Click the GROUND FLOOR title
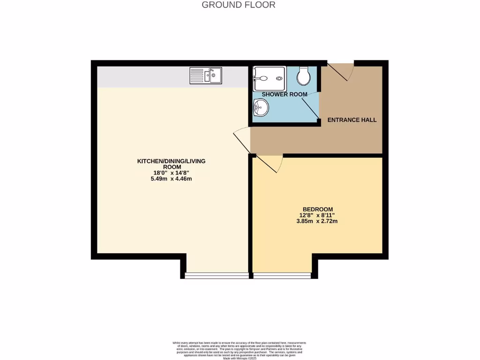[x=238, y=5]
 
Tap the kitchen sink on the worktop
[x=206, y=75]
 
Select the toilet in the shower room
[x=304, y=75]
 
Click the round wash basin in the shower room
[x=260, y=109]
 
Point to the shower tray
[x=269, y=78]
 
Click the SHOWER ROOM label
[x=285, y=94]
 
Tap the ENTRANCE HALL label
[x=352, y=120]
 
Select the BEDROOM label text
[x=317, y=209]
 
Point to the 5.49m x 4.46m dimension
[x=171, y=179]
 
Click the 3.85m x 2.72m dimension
[x=317, y=221]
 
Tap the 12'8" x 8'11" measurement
[x=317, y=215]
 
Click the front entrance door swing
[x=341, y=71]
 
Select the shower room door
[x=311, y=106]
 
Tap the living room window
[x=217, y=275]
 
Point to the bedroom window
[x=282, y=275]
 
